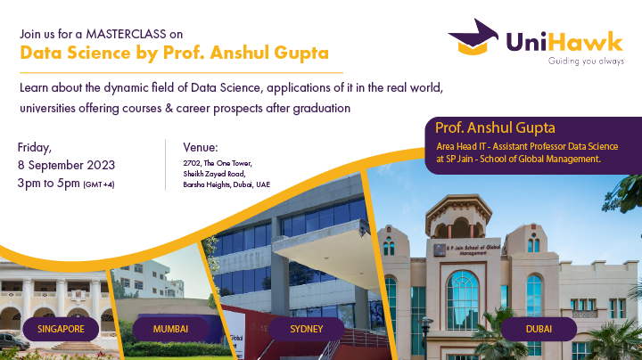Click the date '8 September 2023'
pyautogui.click(x=66, y=166)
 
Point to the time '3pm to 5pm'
pyautogui.click(x=48, y=184)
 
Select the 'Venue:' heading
pyautogui.click(x=201, y=147)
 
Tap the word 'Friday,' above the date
pyautogui.click(x=35, y=147)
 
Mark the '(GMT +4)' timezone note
pyautogui.click(x=98, y=184)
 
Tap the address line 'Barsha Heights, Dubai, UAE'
pyautogui.click(x=226, y=184)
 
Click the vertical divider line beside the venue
pyautogui.click(x=166, y=164)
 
